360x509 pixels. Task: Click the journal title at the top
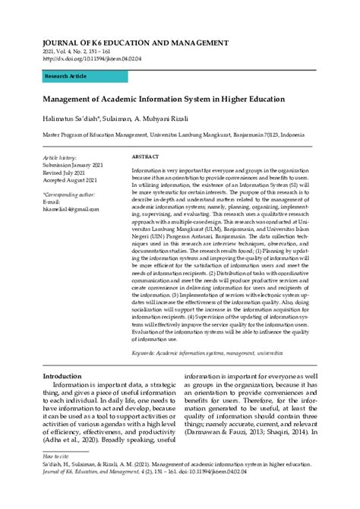[x=135, y=42]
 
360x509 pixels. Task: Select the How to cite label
[x=57, y=456]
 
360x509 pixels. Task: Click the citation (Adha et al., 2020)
[x=74, y=440]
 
